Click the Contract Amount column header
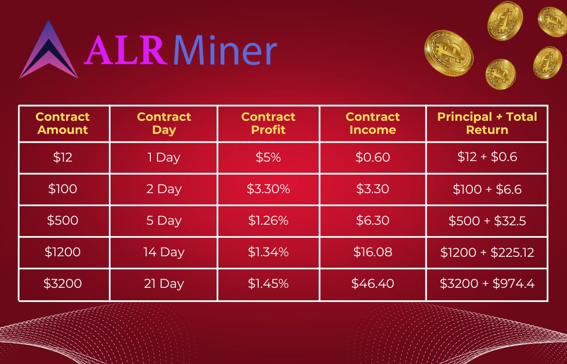pos(63,124)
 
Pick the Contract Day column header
pos(164,124)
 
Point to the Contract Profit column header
pos(269,124)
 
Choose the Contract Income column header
pos(373,124)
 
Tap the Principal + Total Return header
pos(487,124)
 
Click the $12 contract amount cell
pos(63,158)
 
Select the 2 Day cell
pos(164,189)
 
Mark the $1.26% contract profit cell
pos(269,221)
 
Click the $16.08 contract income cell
pos(373,252)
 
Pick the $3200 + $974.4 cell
pos(487,284)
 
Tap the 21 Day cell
pos(164,284)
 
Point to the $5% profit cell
pos(269,158)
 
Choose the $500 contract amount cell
pos(63,221)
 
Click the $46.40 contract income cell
pos(373,284)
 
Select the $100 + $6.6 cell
pos(487,189)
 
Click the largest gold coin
pos(448,52)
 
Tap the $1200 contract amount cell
pos(63,252)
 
